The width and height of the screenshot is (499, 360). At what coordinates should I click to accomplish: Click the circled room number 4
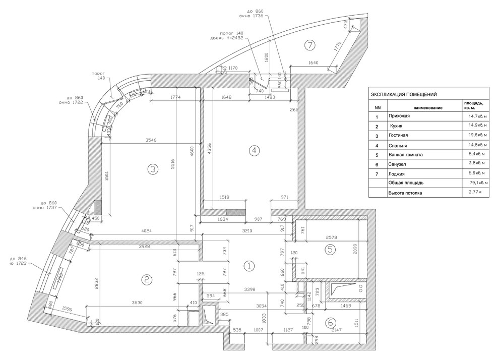pyautogui.click(x=254, y=150)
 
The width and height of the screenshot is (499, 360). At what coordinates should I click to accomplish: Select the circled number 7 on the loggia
pyautogui.click(x=309, y=45)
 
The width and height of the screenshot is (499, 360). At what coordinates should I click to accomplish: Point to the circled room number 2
pyautogui.click(x=146, y=279)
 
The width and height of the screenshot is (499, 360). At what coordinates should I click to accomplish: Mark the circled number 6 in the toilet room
pyautogui.click(x=331, y=322)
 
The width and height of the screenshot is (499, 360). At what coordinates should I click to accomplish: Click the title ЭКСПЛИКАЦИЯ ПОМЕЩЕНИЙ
pyautogui.click(x=404, y=94)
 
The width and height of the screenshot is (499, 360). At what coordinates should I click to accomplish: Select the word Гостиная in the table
pyautogui.click(x=398, y=136)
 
